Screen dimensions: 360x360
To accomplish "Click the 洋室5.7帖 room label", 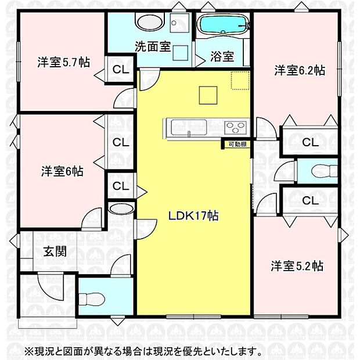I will coord(64,62).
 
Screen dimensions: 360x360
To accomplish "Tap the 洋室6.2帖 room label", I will coord(300,71).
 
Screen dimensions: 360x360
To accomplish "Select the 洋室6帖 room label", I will coord(62,172).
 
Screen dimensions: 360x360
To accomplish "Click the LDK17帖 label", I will coord(194,216).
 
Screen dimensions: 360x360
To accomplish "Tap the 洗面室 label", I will coord(153,46).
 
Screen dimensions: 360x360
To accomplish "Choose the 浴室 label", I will coord(222,56).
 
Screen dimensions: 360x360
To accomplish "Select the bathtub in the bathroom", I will coord(223,25).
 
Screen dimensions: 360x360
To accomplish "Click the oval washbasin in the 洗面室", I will coord(149,22).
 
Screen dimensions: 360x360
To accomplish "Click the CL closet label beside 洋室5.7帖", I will coord(120,70).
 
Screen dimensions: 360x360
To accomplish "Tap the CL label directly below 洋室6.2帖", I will coord(310,142).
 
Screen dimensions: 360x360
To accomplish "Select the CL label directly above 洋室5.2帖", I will coord(310,201).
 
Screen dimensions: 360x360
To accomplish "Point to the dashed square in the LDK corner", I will coord(239,81).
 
